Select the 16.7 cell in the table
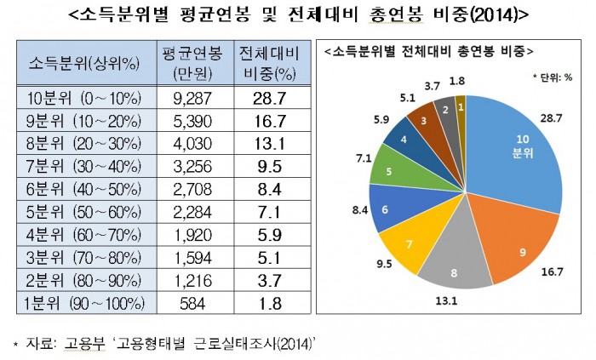click(x=268, y=120)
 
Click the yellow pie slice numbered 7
click(x=409, y=244)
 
